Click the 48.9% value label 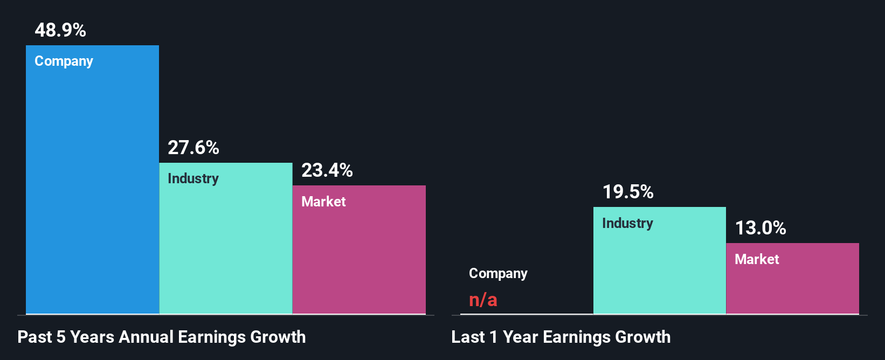point(60,30)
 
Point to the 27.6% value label point(193,148)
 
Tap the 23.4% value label point(327,170)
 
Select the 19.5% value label point(628,192)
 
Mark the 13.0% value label point(760,228)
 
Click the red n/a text point(483,300)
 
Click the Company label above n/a point(498,274)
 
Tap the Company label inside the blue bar point(64,61)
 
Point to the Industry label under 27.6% point(193,178)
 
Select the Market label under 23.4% point(323,202)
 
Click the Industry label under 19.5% point(627,223)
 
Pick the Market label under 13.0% point(757,259)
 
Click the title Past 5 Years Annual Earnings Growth point(162,337)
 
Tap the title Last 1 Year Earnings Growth point(561,337)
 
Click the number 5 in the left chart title point(61,337)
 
